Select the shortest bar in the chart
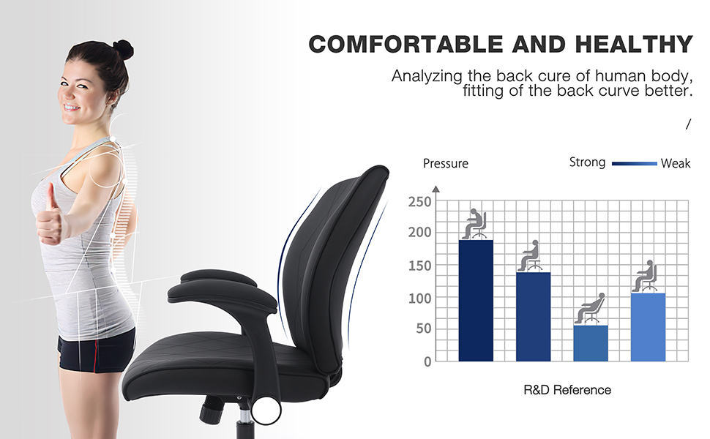click(x=591, y=343)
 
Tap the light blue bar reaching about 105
click(x=648, y=327)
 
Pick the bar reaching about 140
click(x=533, y=316)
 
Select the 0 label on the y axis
click(x=427, y=361)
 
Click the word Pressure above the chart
click(x=445, y=163)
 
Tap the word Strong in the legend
click(x=587, y=162)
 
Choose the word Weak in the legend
click(x=675, y=163)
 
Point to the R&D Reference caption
click(x=567, y=390)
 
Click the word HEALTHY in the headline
click(x=634, y=44)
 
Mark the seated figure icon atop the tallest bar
click(x=475, y=224)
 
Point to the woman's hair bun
click(x=122, y=49)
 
